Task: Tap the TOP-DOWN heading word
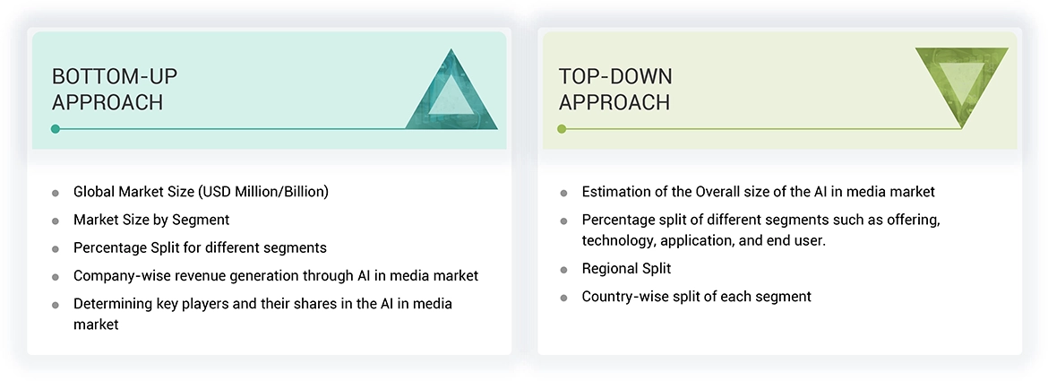coord(615,76)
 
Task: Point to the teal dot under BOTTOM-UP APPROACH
coord(56,129)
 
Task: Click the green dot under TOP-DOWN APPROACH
coord(562,129)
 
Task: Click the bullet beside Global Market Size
coord(56,193)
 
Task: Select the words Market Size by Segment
coord(151,220)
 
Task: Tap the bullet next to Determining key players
coord(56,305)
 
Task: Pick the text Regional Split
coord(626,269)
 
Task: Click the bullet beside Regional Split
coord(563,270)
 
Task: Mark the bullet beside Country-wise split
coord(563,298)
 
